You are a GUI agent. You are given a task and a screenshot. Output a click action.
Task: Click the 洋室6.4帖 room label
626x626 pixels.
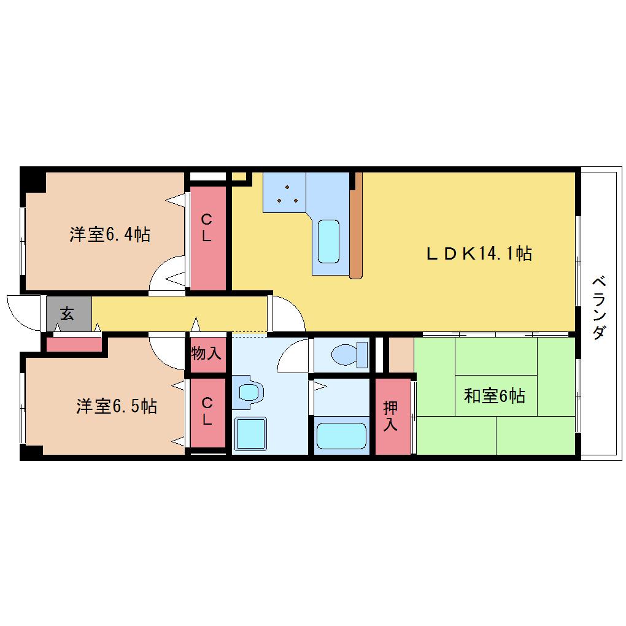tap(110, 234)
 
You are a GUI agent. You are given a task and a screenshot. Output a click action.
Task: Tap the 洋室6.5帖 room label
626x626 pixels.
tap(117, 406)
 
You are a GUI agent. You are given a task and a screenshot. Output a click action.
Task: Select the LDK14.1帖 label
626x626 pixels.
tap(479, 253)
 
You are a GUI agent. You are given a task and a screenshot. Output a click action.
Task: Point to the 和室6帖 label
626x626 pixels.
tap(494, 396)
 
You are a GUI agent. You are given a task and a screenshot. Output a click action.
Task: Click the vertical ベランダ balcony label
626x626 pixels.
tap(599, 307)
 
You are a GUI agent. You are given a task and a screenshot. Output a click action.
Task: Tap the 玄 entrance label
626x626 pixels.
tap(67, 314)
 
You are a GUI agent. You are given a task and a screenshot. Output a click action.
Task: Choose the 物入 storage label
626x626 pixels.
tap(206, 353)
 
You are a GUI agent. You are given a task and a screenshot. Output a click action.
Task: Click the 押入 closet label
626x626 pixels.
tap(390, 416)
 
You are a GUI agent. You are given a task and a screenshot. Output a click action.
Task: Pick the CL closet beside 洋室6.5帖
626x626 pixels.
tap(207, 413)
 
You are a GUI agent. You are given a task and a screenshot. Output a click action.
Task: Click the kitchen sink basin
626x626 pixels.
tap(328, 242)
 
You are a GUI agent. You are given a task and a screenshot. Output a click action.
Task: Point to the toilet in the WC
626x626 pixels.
tap(350, 354)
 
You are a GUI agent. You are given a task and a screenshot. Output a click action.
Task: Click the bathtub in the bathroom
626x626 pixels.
tap(341, 436)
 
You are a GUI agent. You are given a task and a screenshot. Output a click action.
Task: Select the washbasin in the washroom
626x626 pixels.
tap(249, 392)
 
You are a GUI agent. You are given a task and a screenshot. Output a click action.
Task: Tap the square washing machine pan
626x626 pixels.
tap(250, 433)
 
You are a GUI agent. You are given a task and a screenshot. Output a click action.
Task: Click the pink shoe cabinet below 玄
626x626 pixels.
tap(74, 344)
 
